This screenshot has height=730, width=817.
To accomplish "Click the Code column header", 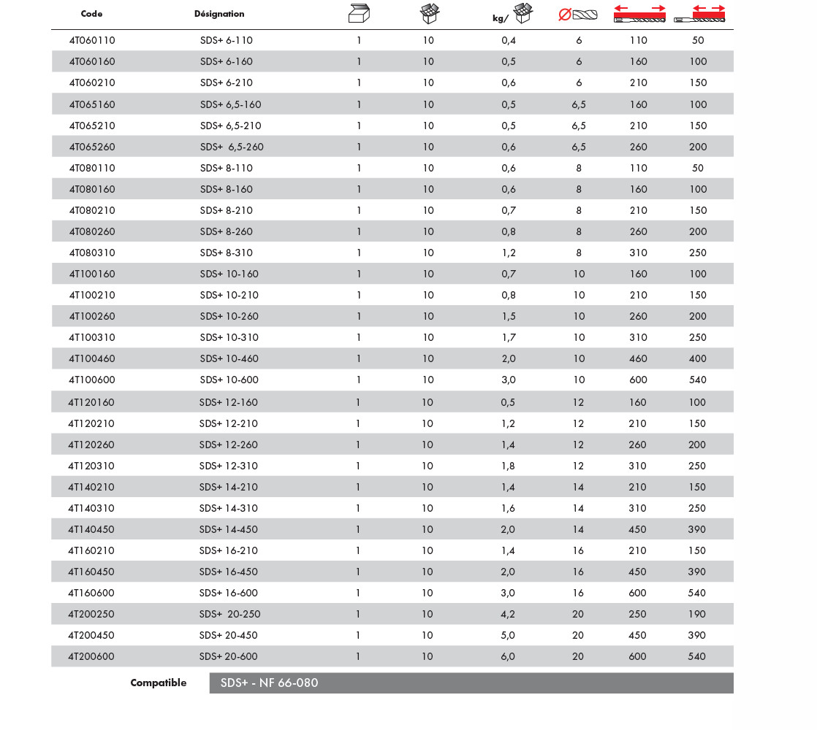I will click(x=91, y=14).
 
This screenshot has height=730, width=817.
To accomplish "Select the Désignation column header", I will click(x=219, y=14).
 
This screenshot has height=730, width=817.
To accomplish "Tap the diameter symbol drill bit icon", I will click(x=577, y=13).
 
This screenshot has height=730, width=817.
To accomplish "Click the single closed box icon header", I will click(x=358, y=13).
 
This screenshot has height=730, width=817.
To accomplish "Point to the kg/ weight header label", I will click(x=500, y=19).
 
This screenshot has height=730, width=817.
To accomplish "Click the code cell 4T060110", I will click(x=92, y=40).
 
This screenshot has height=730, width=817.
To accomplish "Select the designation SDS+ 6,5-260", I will click(x=232, y=147).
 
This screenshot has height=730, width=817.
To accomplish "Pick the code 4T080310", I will click(x=92, y=253).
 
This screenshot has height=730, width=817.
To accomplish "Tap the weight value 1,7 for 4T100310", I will click(x=509, y=337).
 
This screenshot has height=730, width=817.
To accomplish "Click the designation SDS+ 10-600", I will click(x=229, y=380).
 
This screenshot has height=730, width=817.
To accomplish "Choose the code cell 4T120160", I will click(x=91, y=402).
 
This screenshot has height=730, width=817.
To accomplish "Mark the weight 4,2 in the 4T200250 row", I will click(x=508, y=614).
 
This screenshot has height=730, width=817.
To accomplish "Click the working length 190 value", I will click(x=697, y=614).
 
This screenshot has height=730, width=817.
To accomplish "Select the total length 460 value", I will click(x=639, y=358).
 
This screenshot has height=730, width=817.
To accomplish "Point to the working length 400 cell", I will click(x=698, y=358).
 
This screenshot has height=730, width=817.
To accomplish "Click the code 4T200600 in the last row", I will click(x=91, y=656).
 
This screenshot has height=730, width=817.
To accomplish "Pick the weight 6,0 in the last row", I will click(x=508, y=656).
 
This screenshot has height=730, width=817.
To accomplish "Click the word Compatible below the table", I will click(x=159, y=683).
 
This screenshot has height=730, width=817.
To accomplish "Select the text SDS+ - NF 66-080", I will click(x=270, y=683).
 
